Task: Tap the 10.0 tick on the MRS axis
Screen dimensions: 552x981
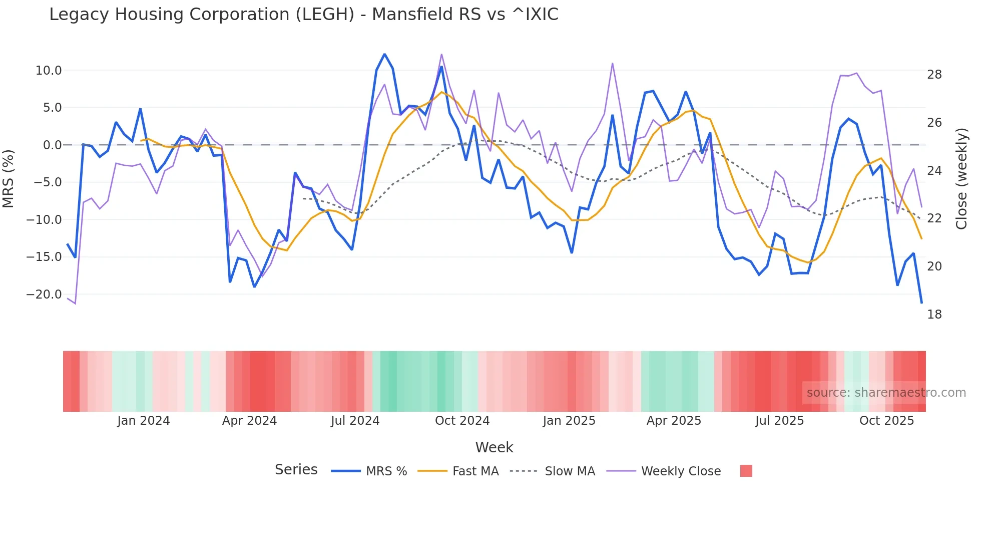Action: [x=48, y=71]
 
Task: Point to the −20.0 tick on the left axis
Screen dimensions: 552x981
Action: [x=44, y=295]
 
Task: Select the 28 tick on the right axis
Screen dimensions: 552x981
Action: [x=934, y=75]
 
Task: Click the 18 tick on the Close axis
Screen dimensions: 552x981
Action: [x=934, y=315]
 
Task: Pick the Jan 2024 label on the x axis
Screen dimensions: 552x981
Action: [x=144, y=421]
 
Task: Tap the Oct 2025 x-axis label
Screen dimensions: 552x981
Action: [x=886, y=421]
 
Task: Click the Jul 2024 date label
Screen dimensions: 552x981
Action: [x=355, y=421]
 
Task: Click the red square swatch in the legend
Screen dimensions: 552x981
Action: [x=746, y=471]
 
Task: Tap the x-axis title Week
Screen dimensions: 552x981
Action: [x=494, y=447]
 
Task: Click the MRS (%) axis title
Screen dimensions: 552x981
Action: [x=9, y=179]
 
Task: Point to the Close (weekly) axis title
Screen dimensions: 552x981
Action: [x=961, y=179]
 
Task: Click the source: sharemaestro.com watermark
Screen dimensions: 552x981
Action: [x=886, y=393]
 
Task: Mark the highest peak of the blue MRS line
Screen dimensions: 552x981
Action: [x=384, y=54]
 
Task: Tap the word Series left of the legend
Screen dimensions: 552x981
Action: [x=296, y=470]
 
